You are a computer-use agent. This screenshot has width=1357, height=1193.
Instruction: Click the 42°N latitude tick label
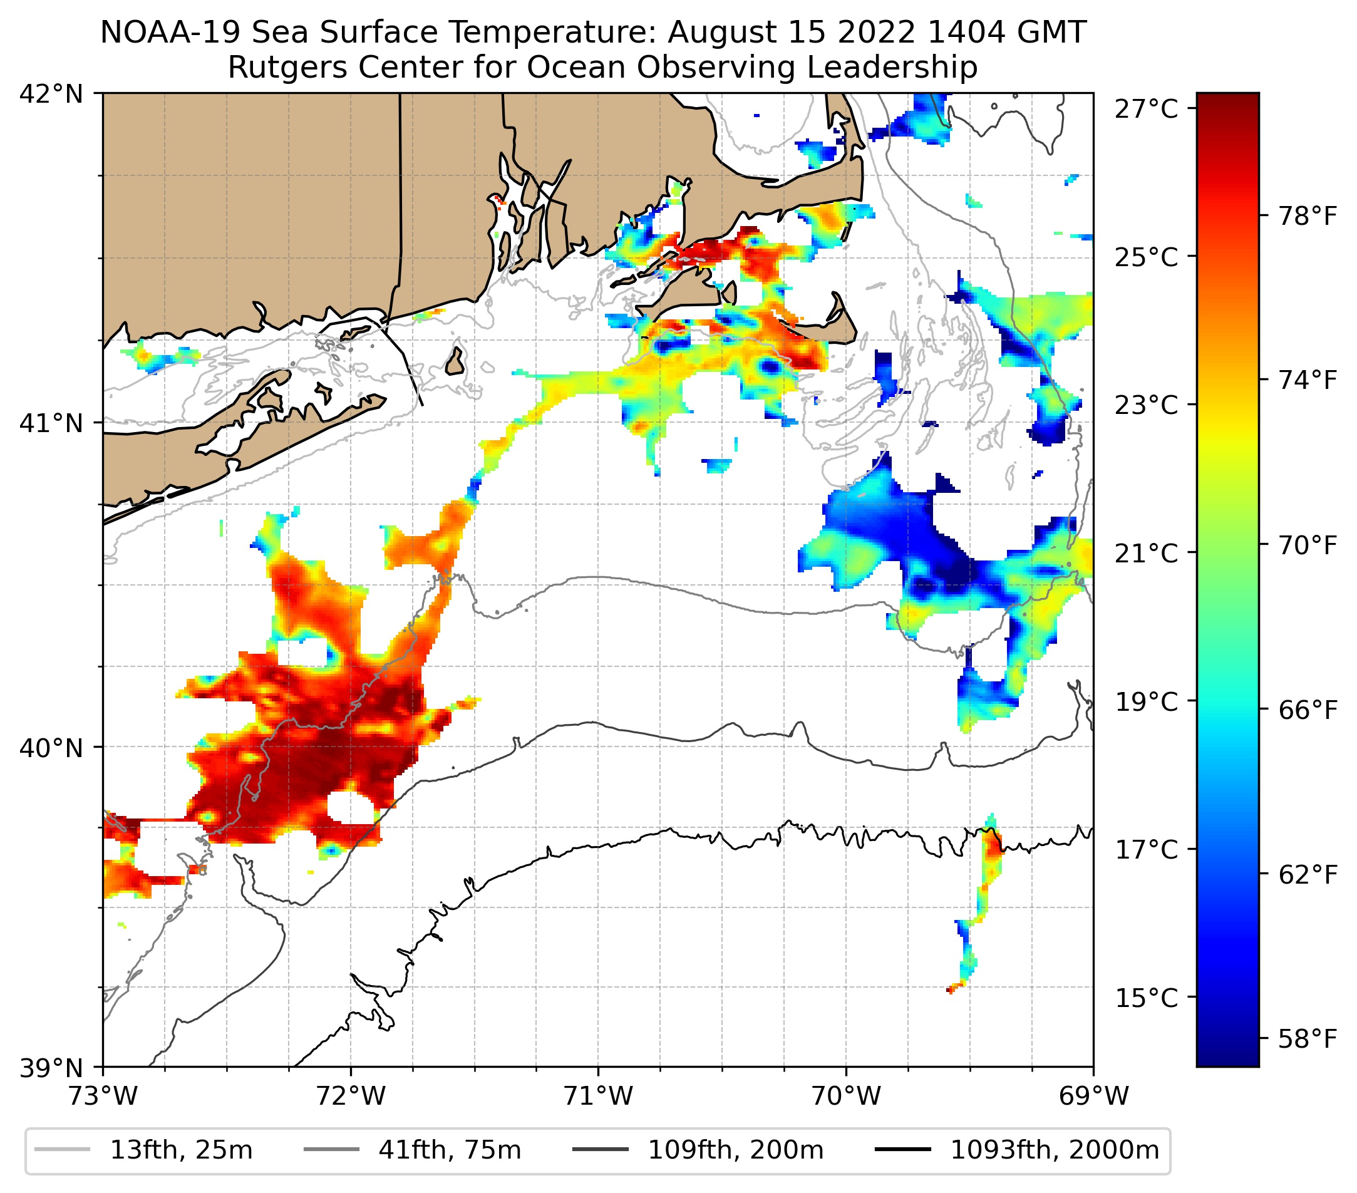[51, 95]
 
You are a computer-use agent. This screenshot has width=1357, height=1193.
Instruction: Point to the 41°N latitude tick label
[51, 422]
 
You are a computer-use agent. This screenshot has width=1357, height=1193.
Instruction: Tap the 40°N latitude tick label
[51, 748]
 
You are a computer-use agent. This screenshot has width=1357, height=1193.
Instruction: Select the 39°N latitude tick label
[51, 1068]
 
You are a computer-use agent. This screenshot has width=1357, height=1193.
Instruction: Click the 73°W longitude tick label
[103, 1096]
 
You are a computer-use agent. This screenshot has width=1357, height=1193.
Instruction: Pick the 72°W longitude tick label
[351, 1096]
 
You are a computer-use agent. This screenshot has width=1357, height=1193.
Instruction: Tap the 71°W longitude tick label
[598, 1096]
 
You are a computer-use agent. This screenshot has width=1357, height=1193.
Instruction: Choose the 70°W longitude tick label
[847, 1096]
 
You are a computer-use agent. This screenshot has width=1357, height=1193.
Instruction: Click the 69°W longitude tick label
[1093, 1096]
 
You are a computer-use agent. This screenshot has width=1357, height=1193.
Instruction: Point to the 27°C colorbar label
[1147, 109]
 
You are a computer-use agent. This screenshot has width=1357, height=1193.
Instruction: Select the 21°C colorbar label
[1147, 552]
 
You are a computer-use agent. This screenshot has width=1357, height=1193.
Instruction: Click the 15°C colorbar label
[1147, 998]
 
